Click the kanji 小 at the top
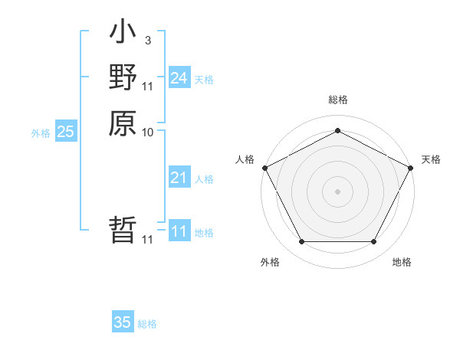click(123, 34)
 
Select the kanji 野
click(123, 77)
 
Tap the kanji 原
click(123, 122)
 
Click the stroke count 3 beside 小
click(148, 41)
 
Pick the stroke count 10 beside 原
click(148, 132)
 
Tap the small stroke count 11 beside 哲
click(148, 240)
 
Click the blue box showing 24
click(179, 78)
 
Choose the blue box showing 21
click(179, 178)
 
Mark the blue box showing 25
click(66, 132)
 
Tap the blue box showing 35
click(123, 322)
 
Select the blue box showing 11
click(179, 231)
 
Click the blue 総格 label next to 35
click(147, 324)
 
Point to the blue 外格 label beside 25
click(41, 133)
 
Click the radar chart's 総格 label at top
click(337, 100)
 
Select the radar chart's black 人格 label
click(245, 159)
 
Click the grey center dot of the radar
click(337, 191)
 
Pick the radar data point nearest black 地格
click(373, 242)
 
